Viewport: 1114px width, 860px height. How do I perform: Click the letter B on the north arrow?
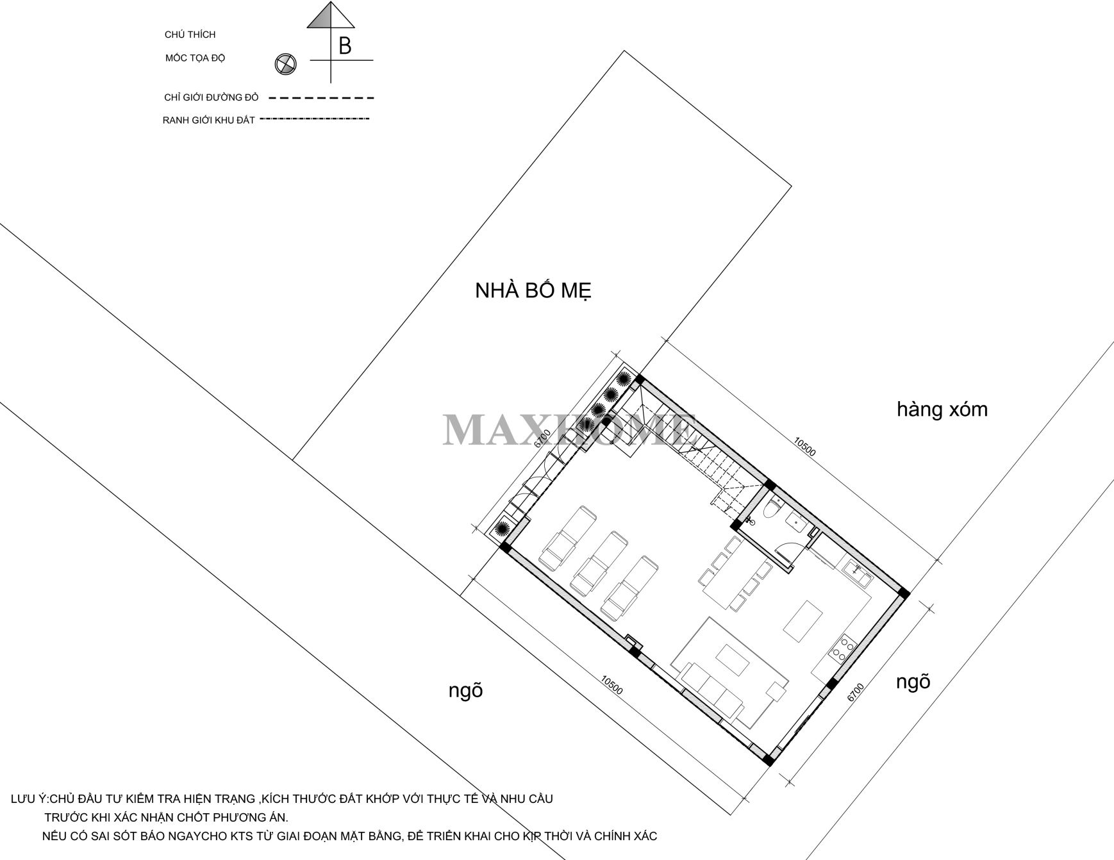click(x=345, y=46)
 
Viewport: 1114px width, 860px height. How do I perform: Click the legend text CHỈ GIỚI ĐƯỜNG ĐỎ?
click(x=212, y=98)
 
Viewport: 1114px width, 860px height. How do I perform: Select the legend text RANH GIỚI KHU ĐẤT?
click(x=209, y=120)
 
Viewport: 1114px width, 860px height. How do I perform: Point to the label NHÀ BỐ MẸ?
click(x=533, y=291)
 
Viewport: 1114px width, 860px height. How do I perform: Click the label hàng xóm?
click(x=942, y=409)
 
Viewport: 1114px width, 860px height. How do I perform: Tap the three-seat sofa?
click(x=711, y=693)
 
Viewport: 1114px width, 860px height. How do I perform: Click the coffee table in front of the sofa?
click(x=732, y=660)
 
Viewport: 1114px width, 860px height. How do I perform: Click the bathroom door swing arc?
click(x=783, y=550)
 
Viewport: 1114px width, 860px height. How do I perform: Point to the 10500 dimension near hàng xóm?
click(x=805, y=447)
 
